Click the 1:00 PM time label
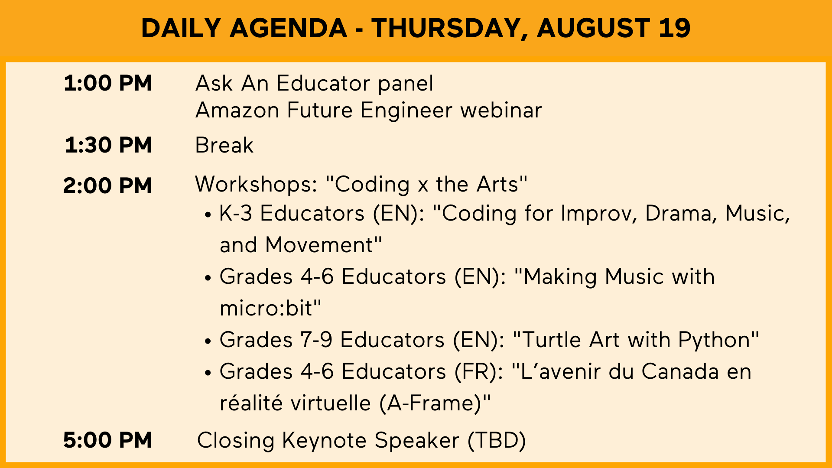(108, 83)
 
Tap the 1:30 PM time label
(108, 145)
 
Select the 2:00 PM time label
(107, 185)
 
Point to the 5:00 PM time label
(107, 440)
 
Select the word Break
(224, 145)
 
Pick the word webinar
(501, 110)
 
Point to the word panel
(405, 84)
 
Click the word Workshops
(256, 184)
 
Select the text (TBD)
(497, 440)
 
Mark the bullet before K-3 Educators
(208, 215)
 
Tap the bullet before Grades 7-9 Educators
(208, 341)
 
